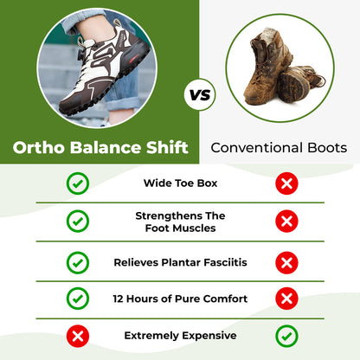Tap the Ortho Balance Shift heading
(101, 147)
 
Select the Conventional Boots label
(280, 148)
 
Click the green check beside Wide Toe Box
(78, 183)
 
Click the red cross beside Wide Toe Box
(286, 183)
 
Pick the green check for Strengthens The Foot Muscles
(78, 222)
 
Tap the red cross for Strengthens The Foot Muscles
(286, 222)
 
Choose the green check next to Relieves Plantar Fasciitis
(78, 261)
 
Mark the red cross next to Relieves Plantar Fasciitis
(286, 261)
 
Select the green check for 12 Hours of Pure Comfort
(78, 299)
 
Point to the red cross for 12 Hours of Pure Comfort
(286, 299)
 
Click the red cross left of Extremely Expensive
(78, 335)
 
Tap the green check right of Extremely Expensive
(286, 335)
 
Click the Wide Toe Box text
(180, 183)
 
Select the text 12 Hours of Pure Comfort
(180, 299)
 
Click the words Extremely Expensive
(180, 335)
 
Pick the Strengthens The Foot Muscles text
(180, 222)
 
